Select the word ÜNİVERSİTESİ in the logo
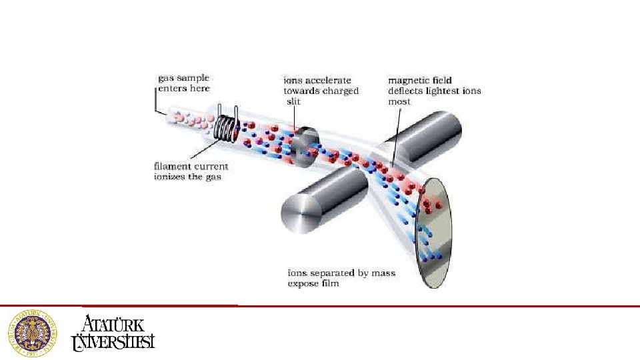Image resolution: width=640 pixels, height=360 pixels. [x=113, y=341]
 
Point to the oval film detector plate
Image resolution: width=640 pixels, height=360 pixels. [x=434, y=230]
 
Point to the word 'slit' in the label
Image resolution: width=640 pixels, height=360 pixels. [x=294, y=101]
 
